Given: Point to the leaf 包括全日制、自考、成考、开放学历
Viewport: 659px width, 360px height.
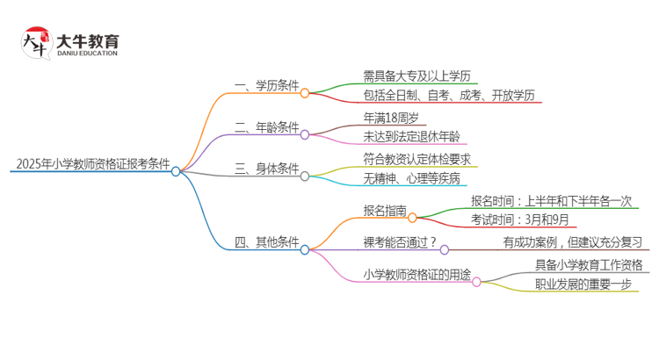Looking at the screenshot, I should coord(449,96).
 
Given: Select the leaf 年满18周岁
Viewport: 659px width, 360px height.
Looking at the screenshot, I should coord(391,117).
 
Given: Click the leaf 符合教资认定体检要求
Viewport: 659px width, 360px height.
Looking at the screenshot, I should coord(417,158).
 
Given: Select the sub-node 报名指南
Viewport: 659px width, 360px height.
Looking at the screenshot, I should coord(385,210).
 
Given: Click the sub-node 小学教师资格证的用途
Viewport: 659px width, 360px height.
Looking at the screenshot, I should coord(416,273).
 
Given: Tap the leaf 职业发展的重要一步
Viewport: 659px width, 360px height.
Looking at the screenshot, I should coord(583,284).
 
